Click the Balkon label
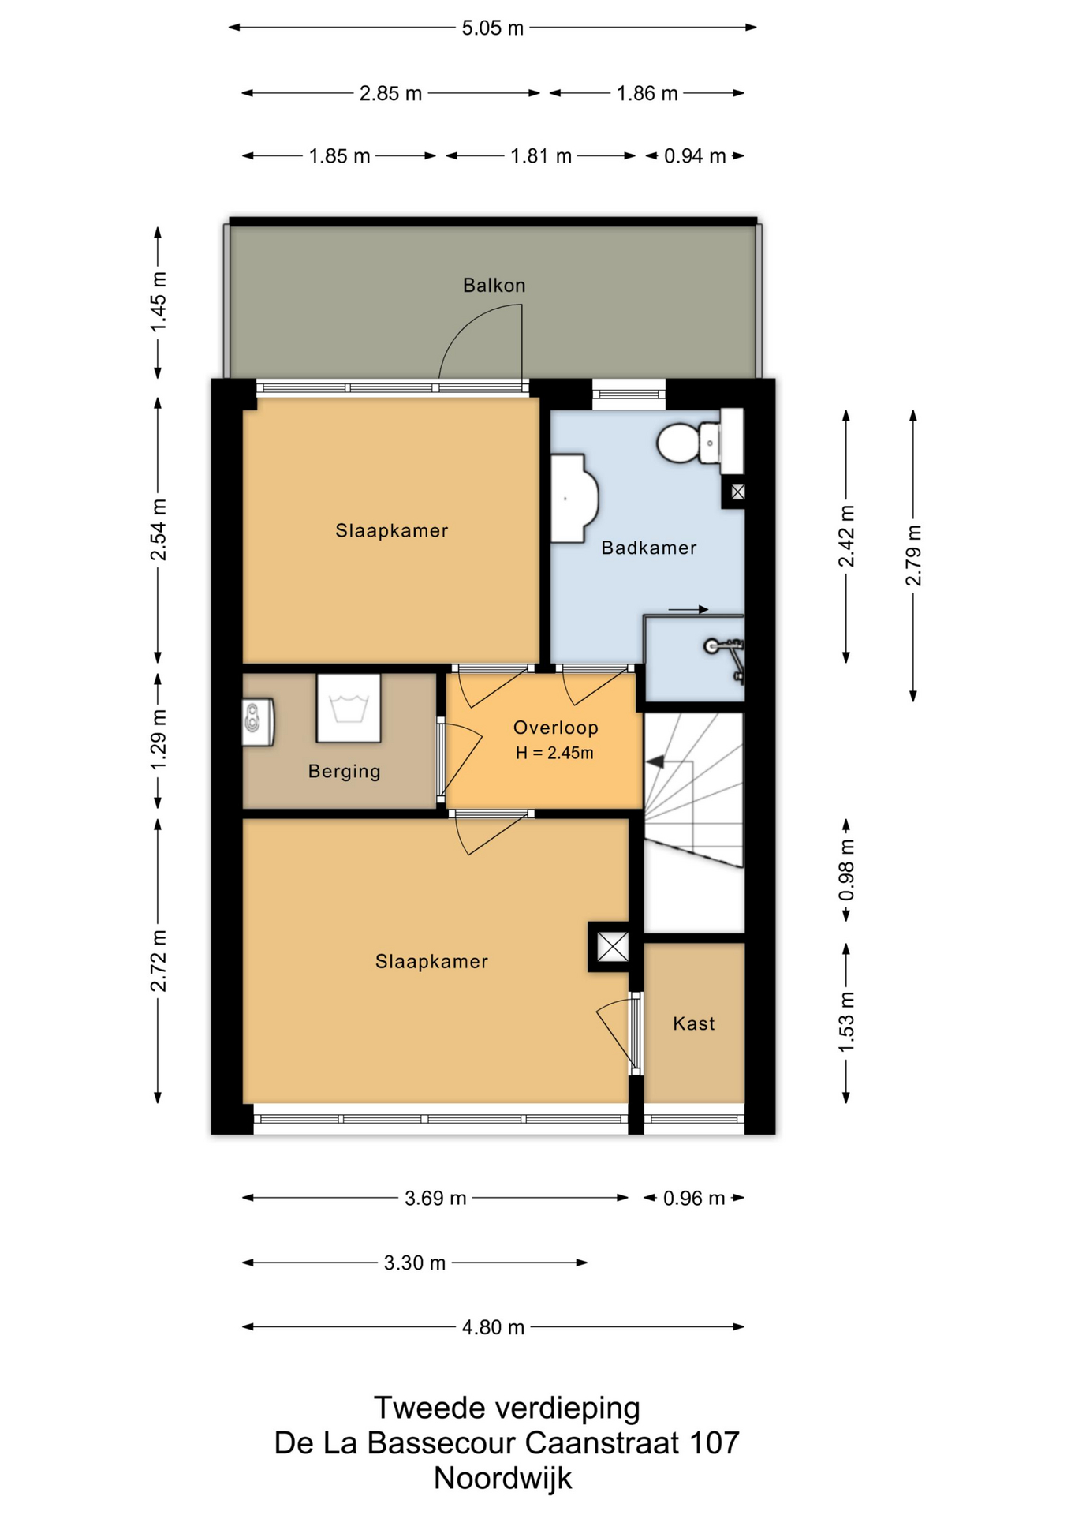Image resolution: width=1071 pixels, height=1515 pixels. point(494,285)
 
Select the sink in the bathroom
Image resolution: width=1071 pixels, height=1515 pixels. point(573,498)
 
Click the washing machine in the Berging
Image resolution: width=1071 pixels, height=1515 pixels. point(349,708)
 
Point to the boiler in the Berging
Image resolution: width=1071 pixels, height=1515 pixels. point(258,721)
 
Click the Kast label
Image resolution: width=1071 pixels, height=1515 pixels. point(693,1023)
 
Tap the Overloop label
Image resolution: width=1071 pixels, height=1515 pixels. point(555,728)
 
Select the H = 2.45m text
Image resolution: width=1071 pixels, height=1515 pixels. point(554,753)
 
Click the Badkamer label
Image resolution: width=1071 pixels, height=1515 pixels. point(648,548)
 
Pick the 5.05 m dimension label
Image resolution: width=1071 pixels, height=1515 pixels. point(492,28)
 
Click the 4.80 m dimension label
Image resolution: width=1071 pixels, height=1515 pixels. point(493,1327)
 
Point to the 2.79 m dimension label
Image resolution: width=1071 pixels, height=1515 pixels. point(912,555)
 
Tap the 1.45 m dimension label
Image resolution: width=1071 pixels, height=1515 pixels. point(158,301)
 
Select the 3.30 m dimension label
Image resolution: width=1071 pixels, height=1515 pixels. point(415,1262)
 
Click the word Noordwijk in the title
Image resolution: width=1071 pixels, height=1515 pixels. point(503,1478)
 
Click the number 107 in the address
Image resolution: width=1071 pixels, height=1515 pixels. point(715,1442)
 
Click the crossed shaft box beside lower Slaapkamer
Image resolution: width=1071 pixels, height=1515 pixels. point(612,946)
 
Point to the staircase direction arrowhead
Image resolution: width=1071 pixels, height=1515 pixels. point(655,762)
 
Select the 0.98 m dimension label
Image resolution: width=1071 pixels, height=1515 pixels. point(846,870)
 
